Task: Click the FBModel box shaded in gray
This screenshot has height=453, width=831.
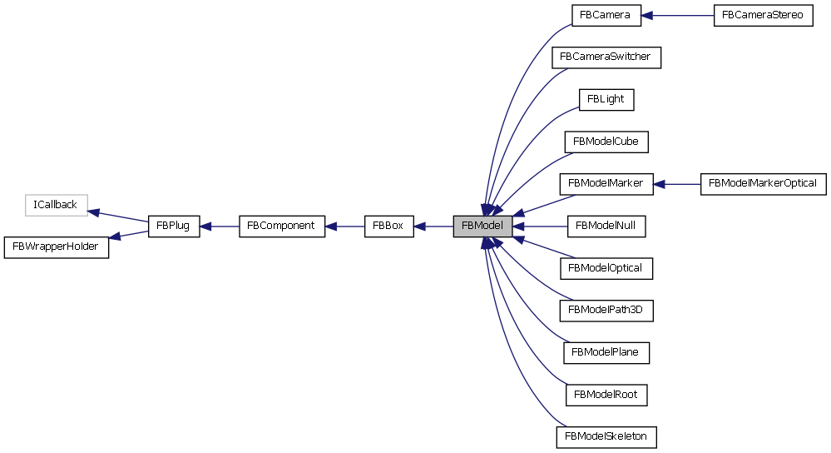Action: pyautogui.click(x=482, y=226)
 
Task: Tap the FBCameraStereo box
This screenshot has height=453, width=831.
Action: pyautogui.click(x=762, y=15)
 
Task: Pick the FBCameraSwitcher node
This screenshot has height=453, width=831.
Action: pyautogui.click(x=606, y=57)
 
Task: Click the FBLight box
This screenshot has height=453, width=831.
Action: pyautogui.click(x=606, y=99)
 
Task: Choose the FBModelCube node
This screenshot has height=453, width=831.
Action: pyautogui.click(x=606, y=142)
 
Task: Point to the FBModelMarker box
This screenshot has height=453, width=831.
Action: pyautogui.click(x=606, y=183)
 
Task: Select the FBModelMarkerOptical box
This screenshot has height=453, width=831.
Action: pyautogui.click(x=763, y=183)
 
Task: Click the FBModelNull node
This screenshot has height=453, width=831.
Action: pyautogui.click(x=606, y=226)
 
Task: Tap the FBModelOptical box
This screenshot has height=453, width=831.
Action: pyautogui.click(x=606, y=268)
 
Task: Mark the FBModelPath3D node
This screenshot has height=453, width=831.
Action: pyautogui.click(x=606, y=311)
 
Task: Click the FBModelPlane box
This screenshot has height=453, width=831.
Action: pyautogui.click(x=606, y=352)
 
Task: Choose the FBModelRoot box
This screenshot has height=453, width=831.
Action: pyautogui.click(x=606, y=394)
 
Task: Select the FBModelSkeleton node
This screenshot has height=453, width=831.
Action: pyautogui.click(x=606, y=436)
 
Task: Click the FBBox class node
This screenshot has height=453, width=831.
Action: pyautogui.click(x=388, y=226)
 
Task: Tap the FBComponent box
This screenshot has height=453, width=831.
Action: pyautogui.click(x=281, y=226)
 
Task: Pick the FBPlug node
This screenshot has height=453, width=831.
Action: pyautogui.click(x=174, y=226)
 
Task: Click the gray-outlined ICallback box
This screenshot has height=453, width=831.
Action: pyautogui.click(x=56, y=204)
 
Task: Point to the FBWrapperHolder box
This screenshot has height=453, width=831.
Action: pyautogui.click(x=57, y=246)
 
